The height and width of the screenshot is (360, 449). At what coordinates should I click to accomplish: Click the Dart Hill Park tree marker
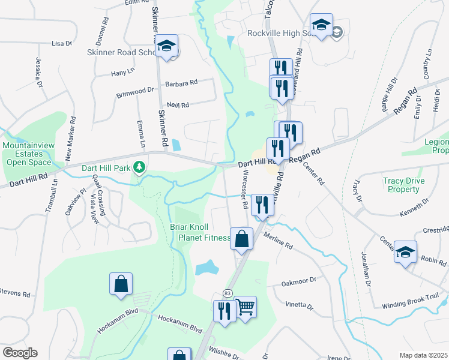click(140, 166)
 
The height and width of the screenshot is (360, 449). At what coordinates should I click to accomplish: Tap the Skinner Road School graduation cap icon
click(167, 45)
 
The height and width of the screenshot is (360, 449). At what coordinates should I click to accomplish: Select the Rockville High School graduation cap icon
click(322, 25)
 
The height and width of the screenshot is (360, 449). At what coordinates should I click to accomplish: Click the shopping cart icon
click(245, 308)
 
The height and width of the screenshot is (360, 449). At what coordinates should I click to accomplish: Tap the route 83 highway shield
click(227, 293)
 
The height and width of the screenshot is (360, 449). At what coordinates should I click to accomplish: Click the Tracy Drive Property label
click(403, 185)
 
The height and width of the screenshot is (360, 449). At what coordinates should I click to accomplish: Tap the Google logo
click(20, 353)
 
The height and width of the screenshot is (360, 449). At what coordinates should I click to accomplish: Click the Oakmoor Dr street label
click(298, 280)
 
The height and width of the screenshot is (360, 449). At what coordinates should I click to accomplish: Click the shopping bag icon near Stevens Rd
click(121, 284)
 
